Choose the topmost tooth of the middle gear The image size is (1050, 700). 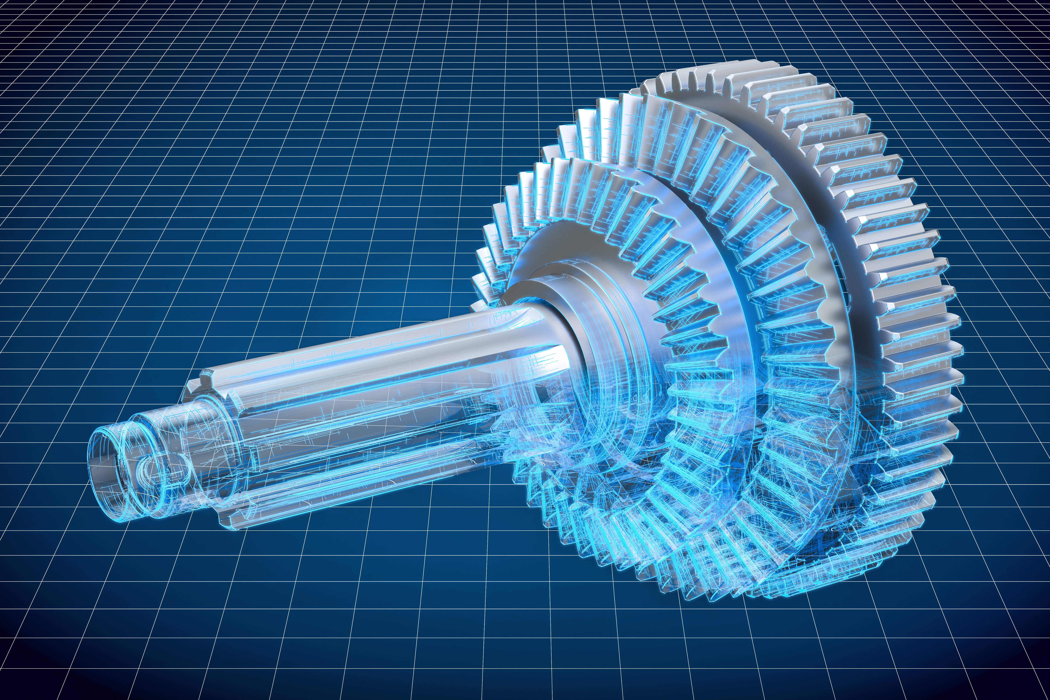coord(625,107)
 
